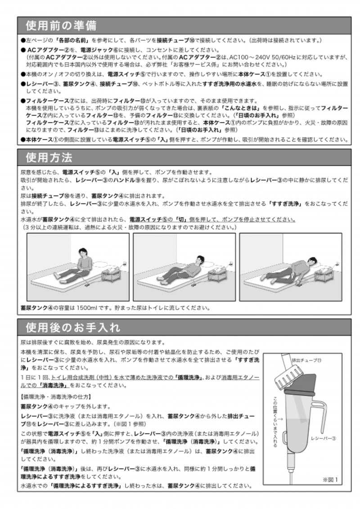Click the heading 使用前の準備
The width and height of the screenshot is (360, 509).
click(61, 25)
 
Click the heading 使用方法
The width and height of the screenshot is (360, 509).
click(49, 158)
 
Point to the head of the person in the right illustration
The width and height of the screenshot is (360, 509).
click(310, 260)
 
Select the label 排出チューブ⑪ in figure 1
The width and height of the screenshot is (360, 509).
click(307, 360)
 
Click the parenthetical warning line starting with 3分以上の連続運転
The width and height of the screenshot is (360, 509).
click(130, 228)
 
